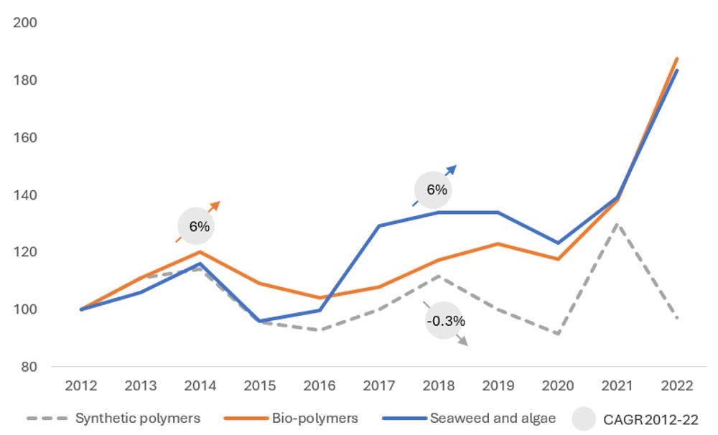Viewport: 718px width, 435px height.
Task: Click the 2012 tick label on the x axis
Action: point(81,386)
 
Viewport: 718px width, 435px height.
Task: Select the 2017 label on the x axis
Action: point(379,386)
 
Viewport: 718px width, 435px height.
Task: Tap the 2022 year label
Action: point(677,386)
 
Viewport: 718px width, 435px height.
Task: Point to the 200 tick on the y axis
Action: point(26,23)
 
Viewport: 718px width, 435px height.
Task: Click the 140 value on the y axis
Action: point(26,195)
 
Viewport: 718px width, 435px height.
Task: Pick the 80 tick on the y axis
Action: point(29,367)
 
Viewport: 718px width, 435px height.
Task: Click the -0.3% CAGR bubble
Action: point(445,321)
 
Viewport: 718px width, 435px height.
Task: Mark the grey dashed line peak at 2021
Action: point(617,224)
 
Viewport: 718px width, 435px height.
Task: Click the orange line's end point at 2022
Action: point(677,59)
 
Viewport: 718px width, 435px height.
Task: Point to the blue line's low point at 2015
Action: point(260,321)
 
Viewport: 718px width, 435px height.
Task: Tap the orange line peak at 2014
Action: point(200,252)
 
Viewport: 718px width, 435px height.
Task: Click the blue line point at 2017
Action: point(379,225)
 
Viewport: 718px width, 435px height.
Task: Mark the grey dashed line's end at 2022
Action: point(677,318)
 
